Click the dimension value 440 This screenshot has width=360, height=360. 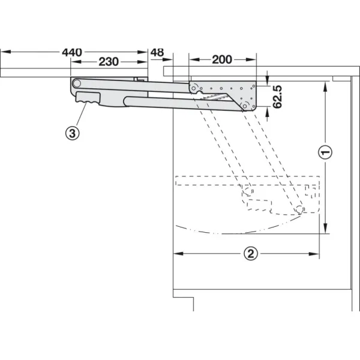[x=72, y=52]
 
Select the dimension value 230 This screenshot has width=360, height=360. [x=109, y=62]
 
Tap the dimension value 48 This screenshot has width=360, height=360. [x=157, y=52]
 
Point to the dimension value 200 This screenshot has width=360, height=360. [x=222, y=59]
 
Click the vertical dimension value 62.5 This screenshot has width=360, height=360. [x=277, y=97]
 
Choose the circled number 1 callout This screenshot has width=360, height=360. [x=325, y=152]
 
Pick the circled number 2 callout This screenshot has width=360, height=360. [x=250, y=254]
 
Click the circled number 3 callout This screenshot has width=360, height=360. [x=73, y=133]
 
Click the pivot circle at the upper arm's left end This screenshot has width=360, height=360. [x=77, y=83]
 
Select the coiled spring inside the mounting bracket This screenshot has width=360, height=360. [x=215, y=97]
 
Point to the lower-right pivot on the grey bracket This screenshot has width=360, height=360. [x=245, y=106]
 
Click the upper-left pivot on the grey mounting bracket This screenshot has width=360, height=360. [x=194, y=88]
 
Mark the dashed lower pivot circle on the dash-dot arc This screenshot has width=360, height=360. [x=299, y=209]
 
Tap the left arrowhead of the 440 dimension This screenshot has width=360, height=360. [x=6, y=52]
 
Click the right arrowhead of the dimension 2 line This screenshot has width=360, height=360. [x=314, y=254]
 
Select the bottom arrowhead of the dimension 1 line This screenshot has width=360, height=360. [x=325, y=229]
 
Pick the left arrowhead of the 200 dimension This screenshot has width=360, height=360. [x=194, y=59]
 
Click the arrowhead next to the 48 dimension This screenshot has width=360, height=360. [x=167, y=59]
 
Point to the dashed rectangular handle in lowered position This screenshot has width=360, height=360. [x=259, y=205]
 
